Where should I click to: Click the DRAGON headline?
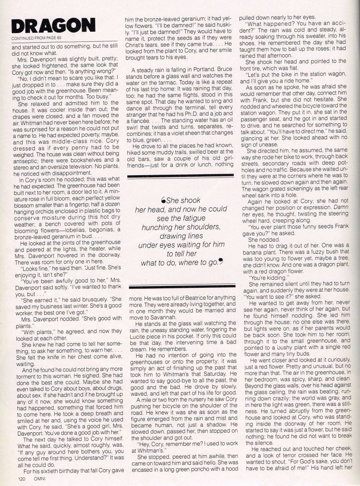(53, 26)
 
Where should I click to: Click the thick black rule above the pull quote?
(182, 177)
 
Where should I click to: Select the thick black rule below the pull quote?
(182, 286)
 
